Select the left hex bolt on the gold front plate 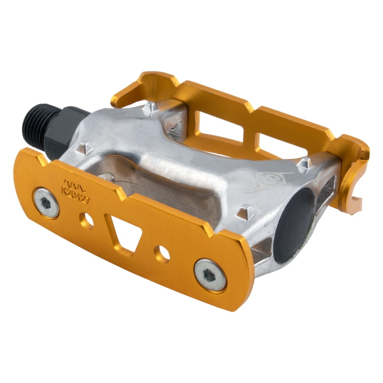(x=46, y=202)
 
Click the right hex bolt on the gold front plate (x=210, y=275)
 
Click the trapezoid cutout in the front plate (x=123, y=233)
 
